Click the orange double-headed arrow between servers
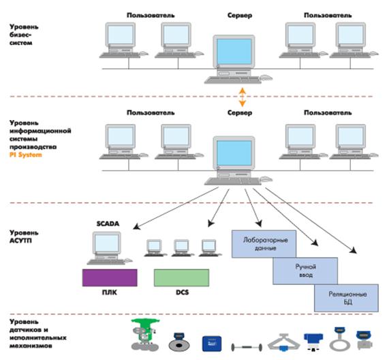pos(243,97)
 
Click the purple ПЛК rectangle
pos(110,277)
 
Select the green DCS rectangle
pos(181,277)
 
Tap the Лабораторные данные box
pos(264,243)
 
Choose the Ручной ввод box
pos(305,271)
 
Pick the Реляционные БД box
pos(346,298)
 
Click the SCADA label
pos(108,224)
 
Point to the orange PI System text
pos(26,155)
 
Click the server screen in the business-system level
pos(234,52)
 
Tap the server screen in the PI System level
pos(234,153)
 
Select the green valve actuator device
pos(145,334)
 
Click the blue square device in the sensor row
pos(212,344)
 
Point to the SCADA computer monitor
pos(107,243)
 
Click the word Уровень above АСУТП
pos(24,233)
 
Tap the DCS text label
pos(183,292)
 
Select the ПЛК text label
pos(110,292)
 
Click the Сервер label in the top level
pos(240,16)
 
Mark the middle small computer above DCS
pos(182,247)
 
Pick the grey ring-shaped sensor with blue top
pos(340,339)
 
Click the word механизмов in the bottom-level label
pos(31,346)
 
